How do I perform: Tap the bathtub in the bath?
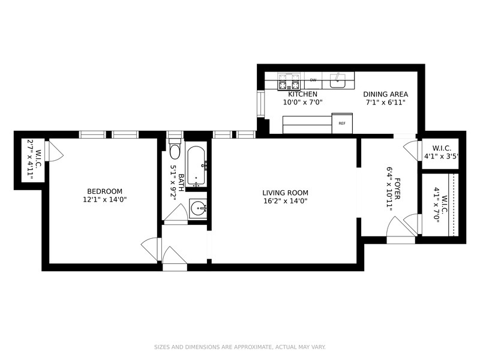coord(196,166)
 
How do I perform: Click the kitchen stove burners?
coord(289,82)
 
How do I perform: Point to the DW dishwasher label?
coord(313,80)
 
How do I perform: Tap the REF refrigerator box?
coord(342,124)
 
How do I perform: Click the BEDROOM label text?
coord(104,191)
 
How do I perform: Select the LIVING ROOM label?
coord(286,193)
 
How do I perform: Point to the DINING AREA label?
coord(385,94)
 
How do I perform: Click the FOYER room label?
coord(397,188)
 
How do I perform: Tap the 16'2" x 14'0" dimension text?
coord(286,201)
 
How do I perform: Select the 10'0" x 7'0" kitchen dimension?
coord(303,102)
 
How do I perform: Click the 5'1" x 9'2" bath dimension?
coord(173,183)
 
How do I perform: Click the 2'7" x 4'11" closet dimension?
coord(31,160)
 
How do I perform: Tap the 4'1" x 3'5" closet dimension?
coord(441,157)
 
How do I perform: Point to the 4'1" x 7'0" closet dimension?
coord(437,205)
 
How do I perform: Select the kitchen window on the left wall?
coord(260,104)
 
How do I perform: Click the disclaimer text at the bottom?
coord(239,347)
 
